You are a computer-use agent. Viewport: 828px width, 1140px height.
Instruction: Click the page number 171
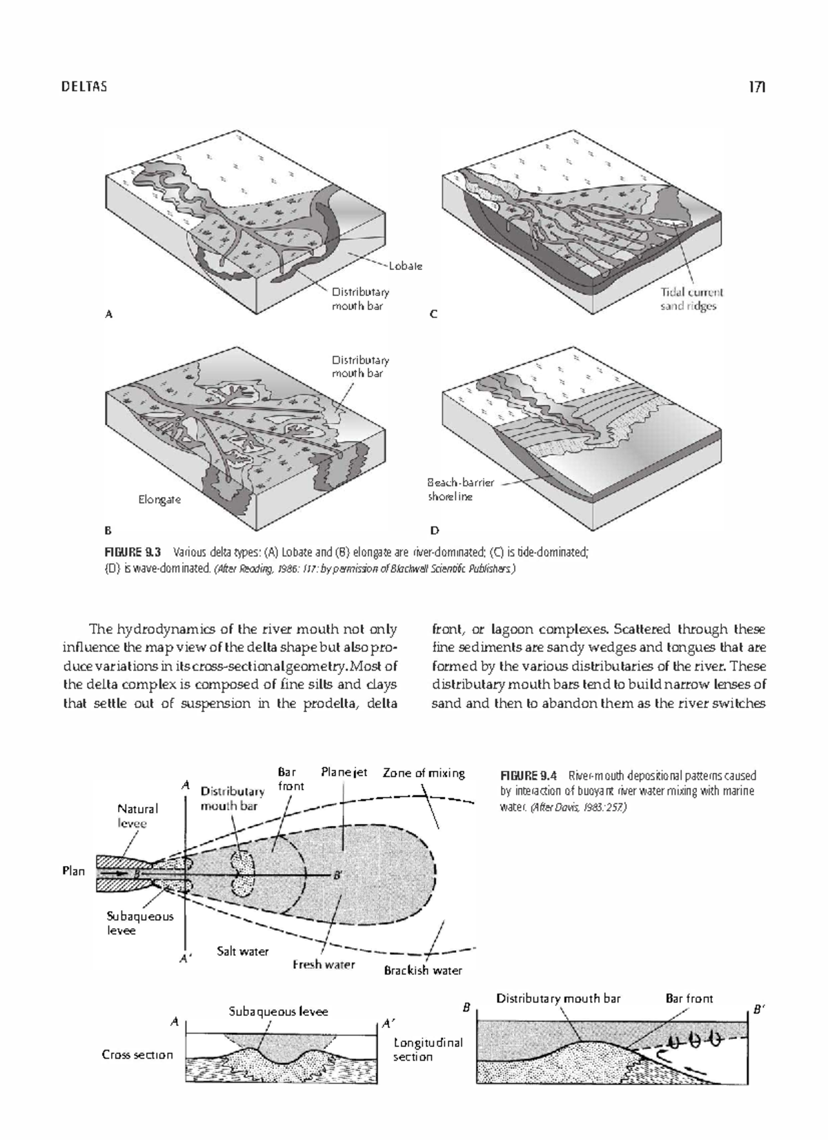click(757, 87)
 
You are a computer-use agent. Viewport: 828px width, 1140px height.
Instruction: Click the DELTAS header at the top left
click(84, 87)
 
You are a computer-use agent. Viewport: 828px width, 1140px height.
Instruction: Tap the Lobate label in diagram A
click(405, 266)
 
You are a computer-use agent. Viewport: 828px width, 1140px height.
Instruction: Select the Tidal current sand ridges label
click(691, 299)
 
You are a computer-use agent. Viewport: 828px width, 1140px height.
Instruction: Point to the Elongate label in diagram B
click(159, 499)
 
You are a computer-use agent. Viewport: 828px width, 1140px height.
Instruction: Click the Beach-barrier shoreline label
click(460, 489)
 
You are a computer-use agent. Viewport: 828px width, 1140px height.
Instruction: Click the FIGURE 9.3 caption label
click(132, 552)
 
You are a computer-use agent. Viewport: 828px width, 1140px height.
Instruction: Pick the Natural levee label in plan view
click(137, 816)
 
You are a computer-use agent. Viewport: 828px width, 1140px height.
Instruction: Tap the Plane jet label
click(344, 772)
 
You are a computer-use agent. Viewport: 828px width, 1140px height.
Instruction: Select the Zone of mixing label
click(424, 773)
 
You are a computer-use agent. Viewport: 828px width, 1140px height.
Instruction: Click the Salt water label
click(242, 951)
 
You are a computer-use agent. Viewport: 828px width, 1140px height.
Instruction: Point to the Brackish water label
click(423, 970)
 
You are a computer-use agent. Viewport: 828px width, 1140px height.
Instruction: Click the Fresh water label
click(324, 964)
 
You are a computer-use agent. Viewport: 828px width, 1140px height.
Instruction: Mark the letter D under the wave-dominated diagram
click(435, 531)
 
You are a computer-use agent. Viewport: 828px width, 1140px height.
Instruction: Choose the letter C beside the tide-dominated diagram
click(433, 314)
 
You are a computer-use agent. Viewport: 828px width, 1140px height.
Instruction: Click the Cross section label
click(137, 1054)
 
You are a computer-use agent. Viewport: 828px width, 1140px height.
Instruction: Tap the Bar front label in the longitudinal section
click(689, 998)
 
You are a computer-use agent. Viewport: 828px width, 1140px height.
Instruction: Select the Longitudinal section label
click(428, 1049)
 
